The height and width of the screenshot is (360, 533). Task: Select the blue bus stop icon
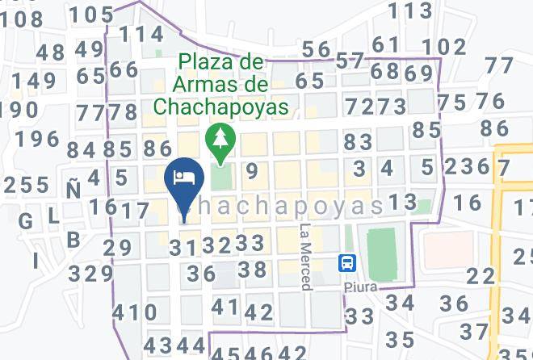click(347, 263)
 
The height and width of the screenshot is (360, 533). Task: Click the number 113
click(409, 10)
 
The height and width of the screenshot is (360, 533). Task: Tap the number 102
click(444, 47)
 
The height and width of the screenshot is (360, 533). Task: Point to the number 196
click(37, 139)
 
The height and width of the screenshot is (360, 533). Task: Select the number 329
click(90, 274)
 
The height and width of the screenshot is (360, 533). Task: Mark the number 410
click(136, 312)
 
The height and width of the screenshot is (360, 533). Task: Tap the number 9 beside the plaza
click(252, 170)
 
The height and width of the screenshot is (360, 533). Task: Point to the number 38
click(252, 270)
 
